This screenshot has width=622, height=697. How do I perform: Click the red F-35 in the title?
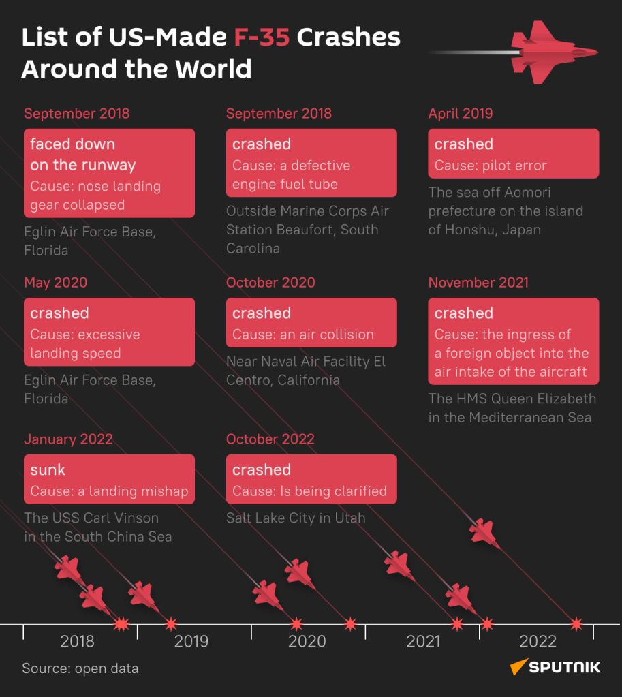262,38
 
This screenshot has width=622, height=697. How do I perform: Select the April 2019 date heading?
461,114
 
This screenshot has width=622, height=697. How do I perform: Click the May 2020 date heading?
56,283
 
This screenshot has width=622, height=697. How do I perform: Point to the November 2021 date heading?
478,283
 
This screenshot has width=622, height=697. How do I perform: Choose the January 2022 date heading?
68,439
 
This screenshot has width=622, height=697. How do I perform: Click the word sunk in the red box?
48,470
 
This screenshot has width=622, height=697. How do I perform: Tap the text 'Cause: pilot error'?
491,166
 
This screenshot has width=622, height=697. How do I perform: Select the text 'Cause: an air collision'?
303,335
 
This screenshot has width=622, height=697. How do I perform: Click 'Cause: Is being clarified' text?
309,491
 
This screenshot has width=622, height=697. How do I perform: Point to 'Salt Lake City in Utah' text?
296,518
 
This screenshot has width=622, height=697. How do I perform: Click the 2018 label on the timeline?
77,641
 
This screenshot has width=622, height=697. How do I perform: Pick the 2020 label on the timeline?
307,641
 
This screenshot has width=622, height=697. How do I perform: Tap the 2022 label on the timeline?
538,641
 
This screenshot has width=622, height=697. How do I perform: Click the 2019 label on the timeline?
191,641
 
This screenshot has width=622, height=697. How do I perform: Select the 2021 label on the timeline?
423,641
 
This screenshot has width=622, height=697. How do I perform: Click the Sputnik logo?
556,667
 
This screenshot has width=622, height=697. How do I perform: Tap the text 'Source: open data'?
80,668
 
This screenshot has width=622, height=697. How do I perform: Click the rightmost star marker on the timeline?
576,623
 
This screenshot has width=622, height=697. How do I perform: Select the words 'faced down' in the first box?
72,144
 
